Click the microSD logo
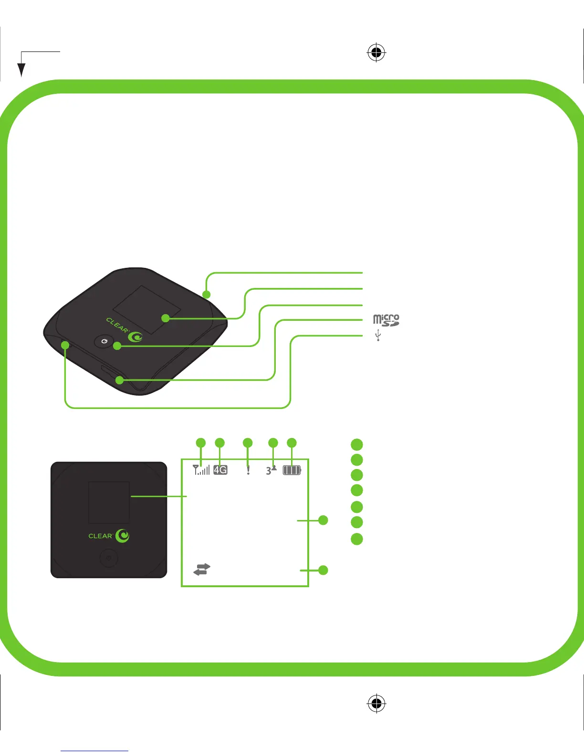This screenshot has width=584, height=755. coord(386,320)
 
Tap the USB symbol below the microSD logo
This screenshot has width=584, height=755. coord(378,335)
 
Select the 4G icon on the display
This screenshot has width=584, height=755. coord(220,470)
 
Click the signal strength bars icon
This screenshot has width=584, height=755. coord(201,470)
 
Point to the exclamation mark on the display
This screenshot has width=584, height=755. coord(248,470)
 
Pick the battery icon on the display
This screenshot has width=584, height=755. coord(292,470)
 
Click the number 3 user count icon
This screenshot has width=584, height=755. coord(271,470)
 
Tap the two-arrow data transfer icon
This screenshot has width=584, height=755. coord(202,569)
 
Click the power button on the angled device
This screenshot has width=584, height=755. coord(105,342)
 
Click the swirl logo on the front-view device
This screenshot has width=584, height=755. coord(123,536)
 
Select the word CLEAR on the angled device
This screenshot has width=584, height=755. coord(117,325)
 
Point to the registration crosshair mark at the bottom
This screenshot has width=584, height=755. coord(376,703)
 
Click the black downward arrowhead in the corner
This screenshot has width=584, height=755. coord(21,70)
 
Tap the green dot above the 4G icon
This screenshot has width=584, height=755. coord(219,443)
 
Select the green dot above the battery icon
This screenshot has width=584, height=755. coord(292,443)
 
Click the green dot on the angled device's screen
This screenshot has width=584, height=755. coord(166,318)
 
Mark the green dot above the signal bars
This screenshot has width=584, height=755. coord(201,443)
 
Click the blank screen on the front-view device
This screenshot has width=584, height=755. coord(109,503)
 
